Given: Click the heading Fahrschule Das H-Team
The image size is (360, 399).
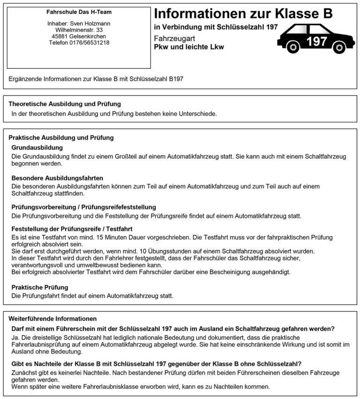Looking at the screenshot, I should tap(79, 12).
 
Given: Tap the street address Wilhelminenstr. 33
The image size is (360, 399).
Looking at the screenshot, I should tap(79, 30).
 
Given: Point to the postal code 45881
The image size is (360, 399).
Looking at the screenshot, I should tap(61, 37).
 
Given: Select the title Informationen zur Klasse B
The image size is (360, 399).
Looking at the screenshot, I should tap(243, 13).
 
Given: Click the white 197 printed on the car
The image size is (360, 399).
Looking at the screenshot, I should tap(316, 41).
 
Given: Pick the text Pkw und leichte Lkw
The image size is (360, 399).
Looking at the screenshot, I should tap(189, 47).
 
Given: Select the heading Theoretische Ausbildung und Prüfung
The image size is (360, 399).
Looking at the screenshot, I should tap(65, 104).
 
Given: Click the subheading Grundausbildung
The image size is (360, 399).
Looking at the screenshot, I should tap(37, 148).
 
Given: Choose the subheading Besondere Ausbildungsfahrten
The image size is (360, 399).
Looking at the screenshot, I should tap(57, 178).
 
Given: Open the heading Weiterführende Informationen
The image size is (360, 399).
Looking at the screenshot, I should tap(52, 318).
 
